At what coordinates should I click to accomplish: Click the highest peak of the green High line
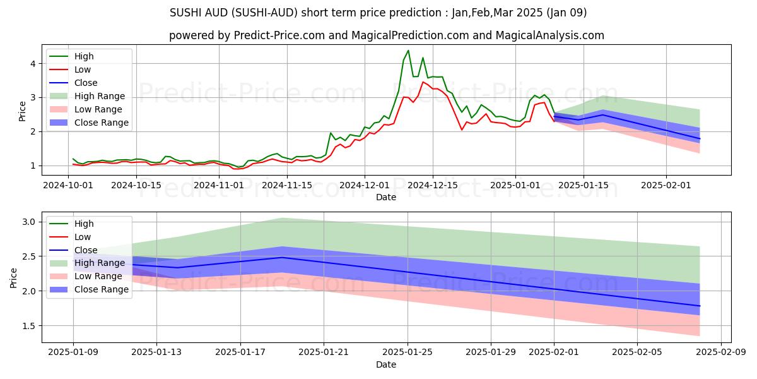[x=408, y=51]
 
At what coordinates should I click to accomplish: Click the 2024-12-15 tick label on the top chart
[x=432, y=185]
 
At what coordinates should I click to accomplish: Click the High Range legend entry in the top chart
[x=99, y=96]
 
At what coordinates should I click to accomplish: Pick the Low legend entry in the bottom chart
[x=83, y=237]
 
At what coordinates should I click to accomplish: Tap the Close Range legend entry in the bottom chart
[x=101, y=289]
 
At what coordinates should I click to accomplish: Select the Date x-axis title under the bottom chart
[x=386, y=364]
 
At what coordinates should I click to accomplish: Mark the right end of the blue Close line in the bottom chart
[x=700, y=306]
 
